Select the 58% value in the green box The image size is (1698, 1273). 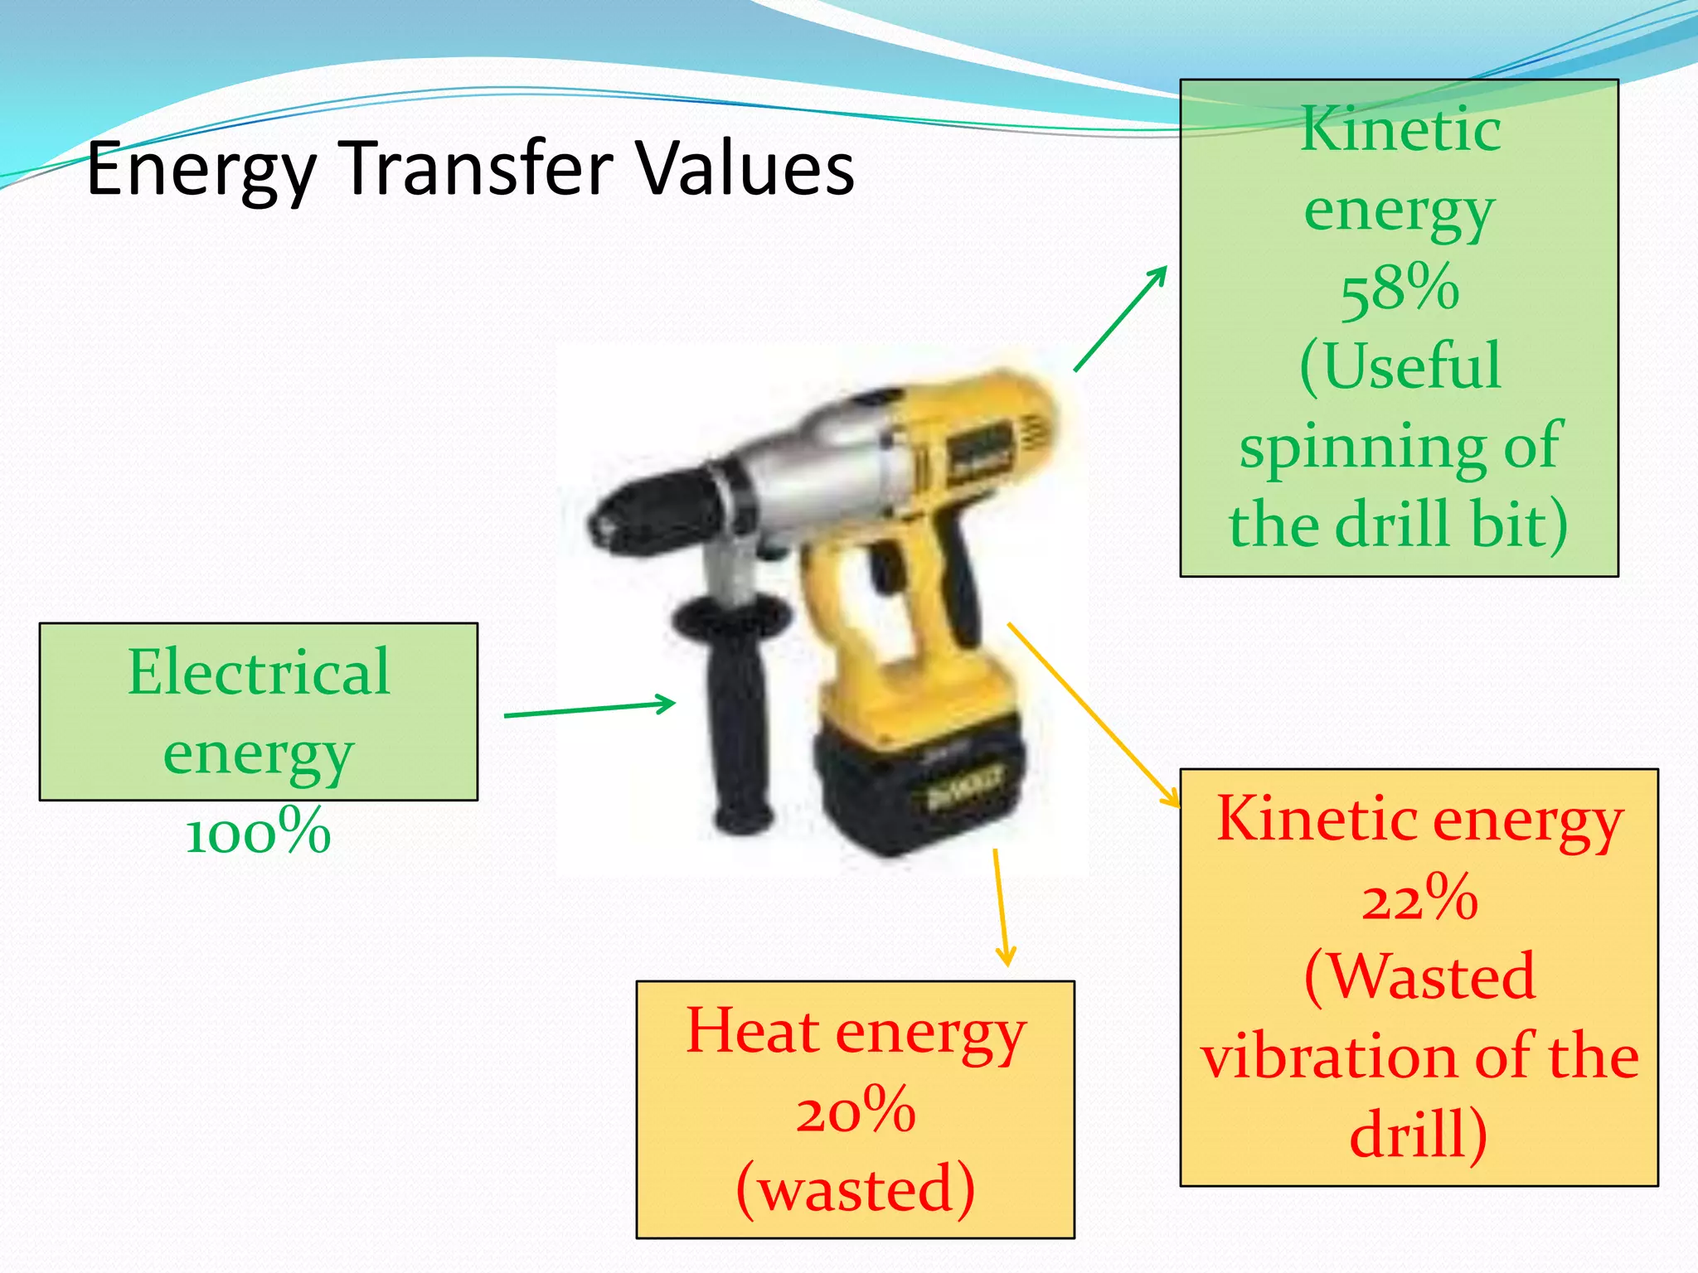[1400, 288]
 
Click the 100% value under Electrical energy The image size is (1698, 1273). [258, 831]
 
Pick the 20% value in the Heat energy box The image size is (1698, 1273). [855, 1111]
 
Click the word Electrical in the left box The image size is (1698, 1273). [258, 671]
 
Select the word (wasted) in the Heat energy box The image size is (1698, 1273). [855, 1188]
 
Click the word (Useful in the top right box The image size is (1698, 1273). [1400, 366]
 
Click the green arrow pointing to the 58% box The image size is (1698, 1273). [1120, 319]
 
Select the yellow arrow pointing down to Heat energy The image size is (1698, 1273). [1001, 908]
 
